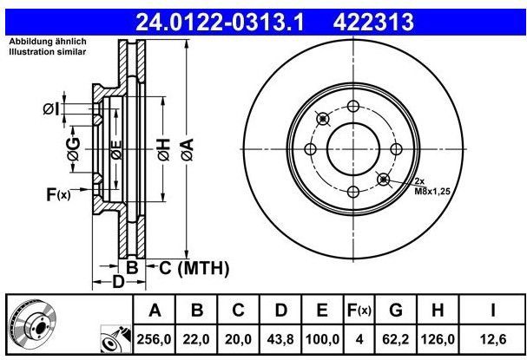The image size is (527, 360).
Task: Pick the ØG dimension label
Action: click(75, 153)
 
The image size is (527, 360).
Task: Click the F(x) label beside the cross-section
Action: click(57, 195)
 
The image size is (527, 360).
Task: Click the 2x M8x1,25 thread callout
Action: click(431, 185)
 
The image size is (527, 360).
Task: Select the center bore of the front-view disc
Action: click(352, 148)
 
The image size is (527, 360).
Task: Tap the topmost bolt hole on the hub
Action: click(352, 106)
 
